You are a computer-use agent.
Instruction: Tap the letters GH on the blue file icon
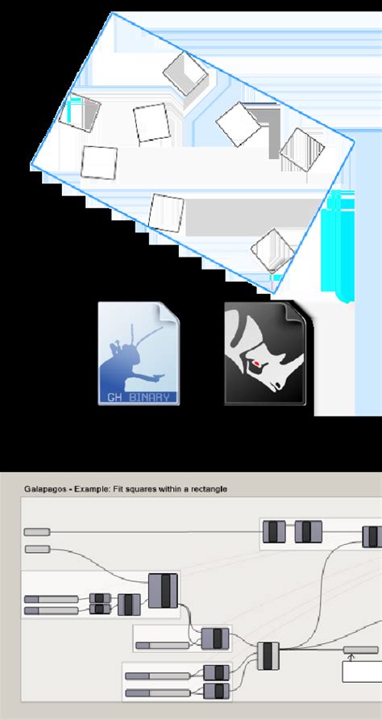point(114,398)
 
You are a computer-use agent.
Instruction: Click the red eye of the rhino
point(257,364)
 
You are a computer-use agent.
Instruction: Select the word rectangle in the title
point(211,489)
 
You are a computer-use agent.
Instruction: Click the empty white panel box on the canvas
point(363,672)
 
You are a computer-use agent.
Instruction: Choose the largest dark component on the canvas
point(163,591)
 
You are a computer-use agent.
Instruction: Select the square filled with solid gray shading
point(185,74)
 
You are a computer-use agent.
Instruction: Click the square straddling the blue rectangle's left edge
point(79,112)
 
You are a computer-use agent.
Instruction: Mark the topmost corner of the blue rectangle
point(112,13)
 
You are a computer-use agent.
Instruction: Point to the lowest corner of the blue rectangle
point(274,292)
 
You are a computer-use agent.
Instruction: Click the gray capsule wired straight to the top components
point(37,532)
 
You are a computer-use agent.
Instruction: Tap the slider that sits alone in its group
point(162,645)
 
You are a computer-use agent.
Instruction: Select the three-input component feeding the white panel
point(268,656)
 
